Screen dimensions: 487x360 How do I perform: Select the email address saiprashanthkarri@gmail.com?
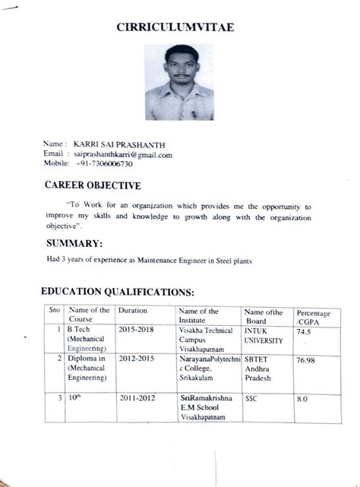pos(124,154)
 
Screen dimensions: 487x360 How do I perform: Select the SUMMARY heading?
pos(74,243)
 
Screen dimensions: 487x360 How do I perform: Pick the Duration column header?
pos(132,311)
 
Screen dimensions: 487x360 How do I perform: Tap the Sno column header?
pos(54,311)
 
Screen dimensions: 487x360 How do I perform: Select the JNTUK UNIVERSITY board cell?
pos(262,337)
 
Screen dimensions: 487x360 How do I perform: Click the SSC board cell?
pos(251,397)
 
